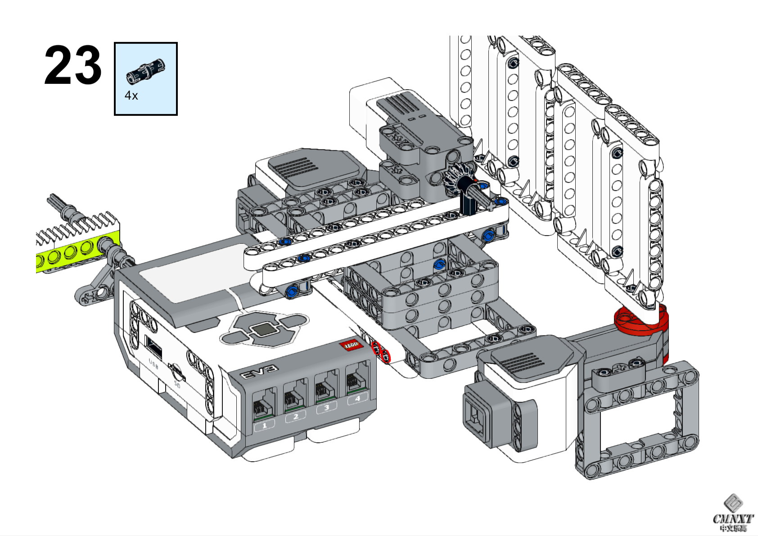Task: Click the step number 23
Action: coord(73,66)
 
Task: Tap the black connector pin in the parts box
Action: coord(145,72)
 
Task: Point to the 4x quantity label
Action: coord(131,95)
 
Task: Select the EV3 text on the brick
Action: coord(259,372)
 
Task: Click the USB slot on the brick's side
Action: coord(153,348)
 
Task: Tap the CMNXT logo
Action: coord(732,515)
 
